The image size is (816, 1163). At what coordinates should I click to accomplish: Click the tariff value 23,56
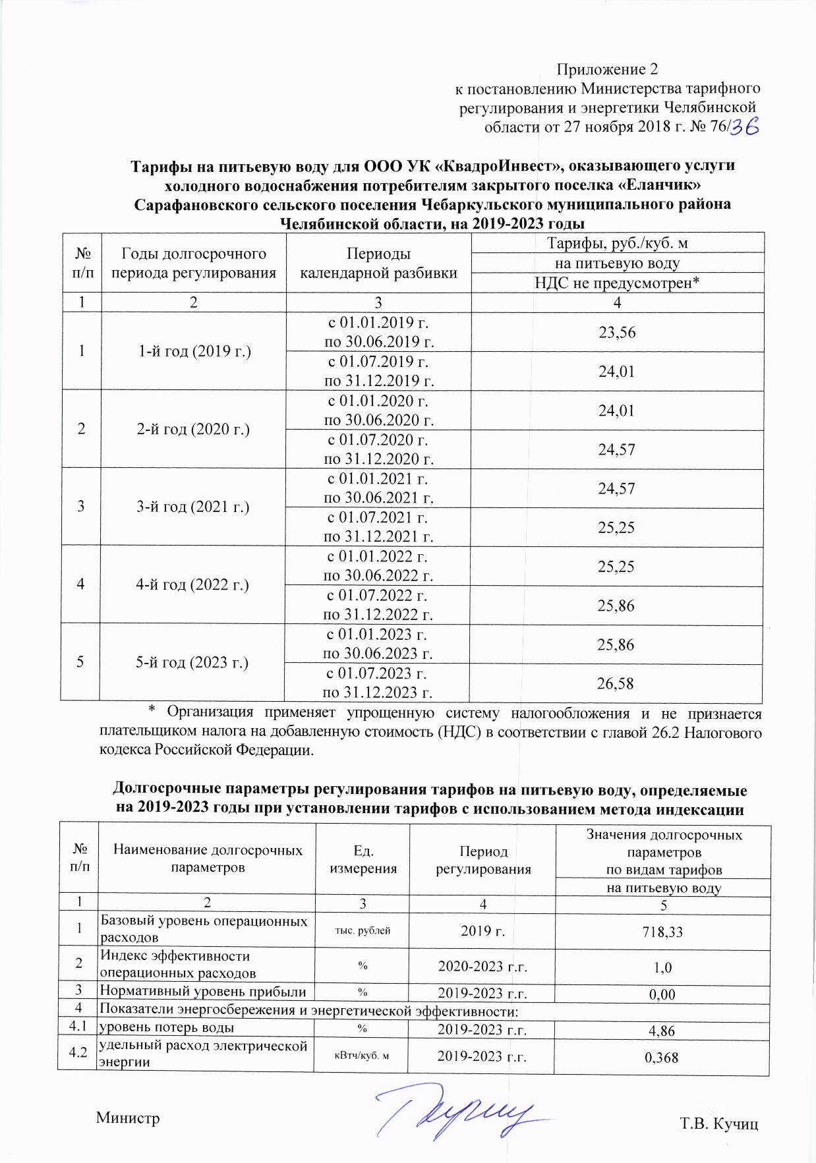point(617,332)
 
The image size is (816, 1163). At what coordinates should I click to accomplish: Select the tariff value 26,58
point(616,683)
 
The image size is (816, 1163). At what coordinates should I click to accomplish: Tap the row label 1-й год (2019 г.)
point(194,351)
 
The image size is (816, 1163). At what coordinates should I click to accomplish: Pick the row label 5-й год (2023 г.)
point(192,663)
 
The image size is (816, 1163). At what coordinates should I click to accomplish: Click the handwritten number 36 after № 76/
point(745,127)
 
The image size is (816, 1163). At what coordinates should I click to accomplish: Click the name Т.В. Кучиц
point(719,1123)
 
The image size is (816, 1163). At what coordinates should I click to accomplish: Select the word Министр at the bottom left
point(128,1118)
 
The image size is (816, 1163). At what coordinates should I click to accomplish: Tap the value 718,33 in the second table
point(663,932)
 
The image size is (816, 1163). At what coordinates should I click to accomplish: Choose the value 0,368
point(662,1058)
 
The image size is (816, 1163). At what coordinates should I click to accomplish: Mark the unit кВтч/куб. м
point(362,1056)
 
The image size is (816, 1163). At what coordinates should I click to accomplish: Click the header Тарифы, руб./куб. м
point(618,243)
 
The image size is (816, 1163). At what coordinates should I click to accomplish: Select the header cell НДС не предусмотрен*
point(617,283)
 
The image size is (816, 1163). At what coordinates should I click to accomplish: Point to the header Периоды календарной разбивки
point(379,263)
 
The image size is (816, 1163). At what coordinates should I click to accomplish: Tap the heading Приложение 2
point(607,69)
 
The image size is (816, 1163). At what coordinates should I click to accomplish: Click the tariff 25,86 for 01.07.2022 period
point(616,606)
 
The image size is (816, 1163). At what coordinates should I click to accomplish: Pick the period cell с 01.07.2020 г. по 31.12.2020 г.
point(379,449)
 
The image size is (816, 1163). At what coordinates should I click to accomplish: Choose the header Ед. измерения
point(363,859)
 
